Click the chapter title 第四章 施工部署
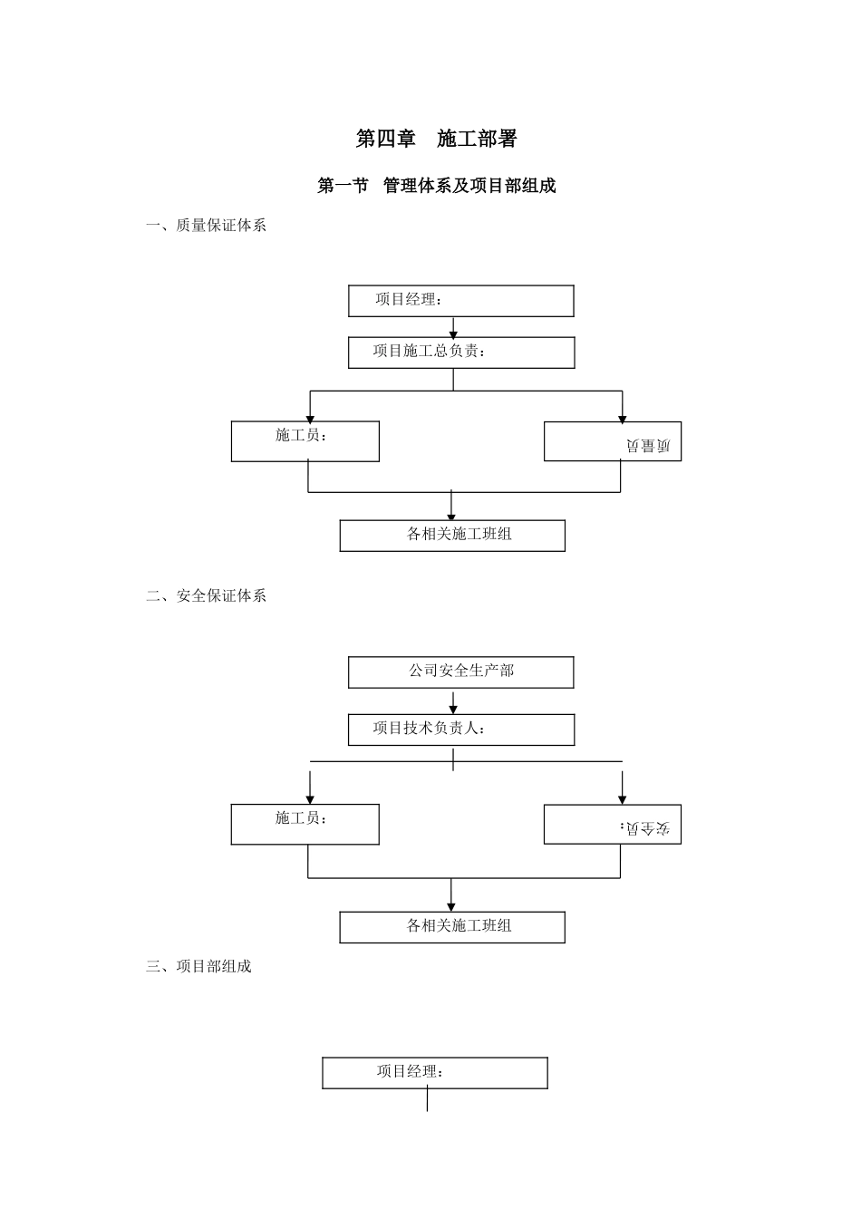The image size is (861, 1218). [436, 139]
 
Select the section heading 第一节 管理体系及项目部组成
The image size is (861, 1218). [436, 186]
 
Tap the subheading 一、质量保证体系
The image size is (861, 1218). [207, 226]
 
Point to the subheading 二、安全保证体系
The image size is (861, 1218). [207, 595]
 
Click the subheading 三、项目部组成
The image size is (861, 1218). [198, 966]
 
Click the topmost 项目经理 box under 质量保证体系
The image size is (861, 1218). [460, 301]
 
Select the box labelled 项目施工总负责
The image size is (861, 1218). [460, 353]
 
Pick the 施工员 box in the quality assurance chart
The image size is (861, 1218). [305, 441]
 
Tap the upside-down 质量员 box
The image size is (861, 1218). [613, 441]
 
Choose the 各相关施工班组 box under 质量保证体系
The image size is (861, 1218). [452, 535]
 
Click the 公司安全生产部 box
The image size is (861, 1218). [460, 672]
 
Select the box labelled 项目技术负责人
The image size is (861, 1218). [460, 730]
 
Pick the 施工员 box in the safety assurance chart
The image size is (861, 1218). [305, 825]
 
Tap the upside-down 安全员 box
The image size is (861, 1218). [613, 825]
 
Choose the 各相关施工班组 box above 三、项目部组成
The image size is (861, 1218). [452, 926]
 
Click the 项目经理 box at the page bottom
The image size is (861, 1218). [435, 1072]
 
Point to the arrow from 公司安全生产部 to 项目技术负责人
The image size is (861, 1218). [453, 702]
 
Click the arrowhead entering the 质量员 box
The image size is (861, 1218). [622, 418]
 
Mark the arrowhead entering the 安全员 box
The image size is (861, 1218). [622, 799]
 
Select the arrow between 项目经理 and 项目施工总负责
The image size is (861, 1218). [453, 327]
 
